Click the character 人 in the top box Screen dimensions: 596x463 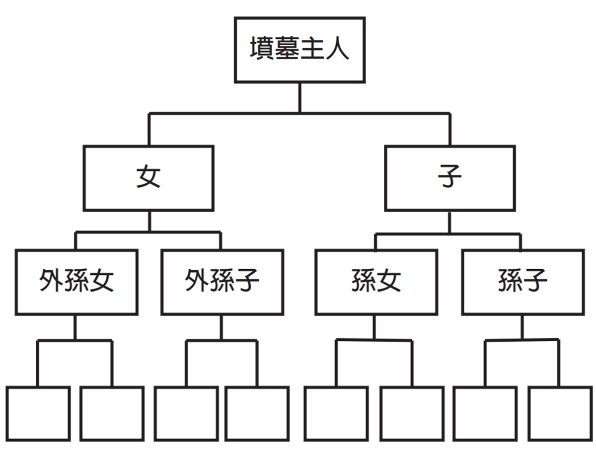tap(337, 49)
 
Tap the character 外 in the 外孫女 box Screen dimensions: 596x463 tap(51, 280)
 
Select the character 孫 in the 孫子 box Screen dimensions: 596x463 tap(510, 280)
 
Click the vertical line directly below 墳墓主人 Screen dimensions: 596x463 tap(299, 98)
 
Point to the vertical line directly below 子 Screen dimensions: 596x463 tap(449, 223)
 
